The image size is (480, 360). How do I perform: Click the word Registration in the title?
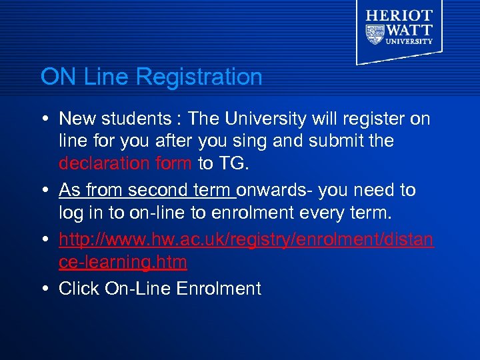pos(199,77)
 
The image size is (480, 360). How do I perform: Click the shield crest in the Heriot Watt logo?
pos(375,33)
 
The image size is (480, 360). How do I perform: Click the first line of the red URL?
pos(246,239)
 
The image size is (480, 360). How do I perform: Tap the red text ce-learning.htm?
pos(123,262)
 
